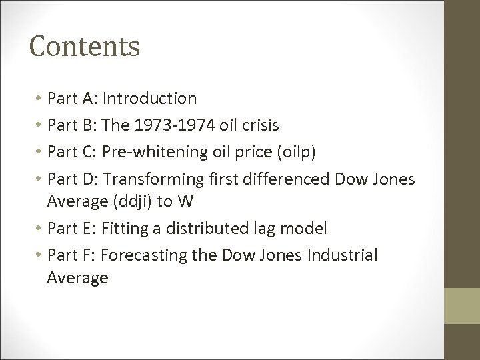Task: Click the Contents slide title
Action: click(x=84, y=46)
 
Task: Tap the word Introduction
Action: click(x=150, y=99)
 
